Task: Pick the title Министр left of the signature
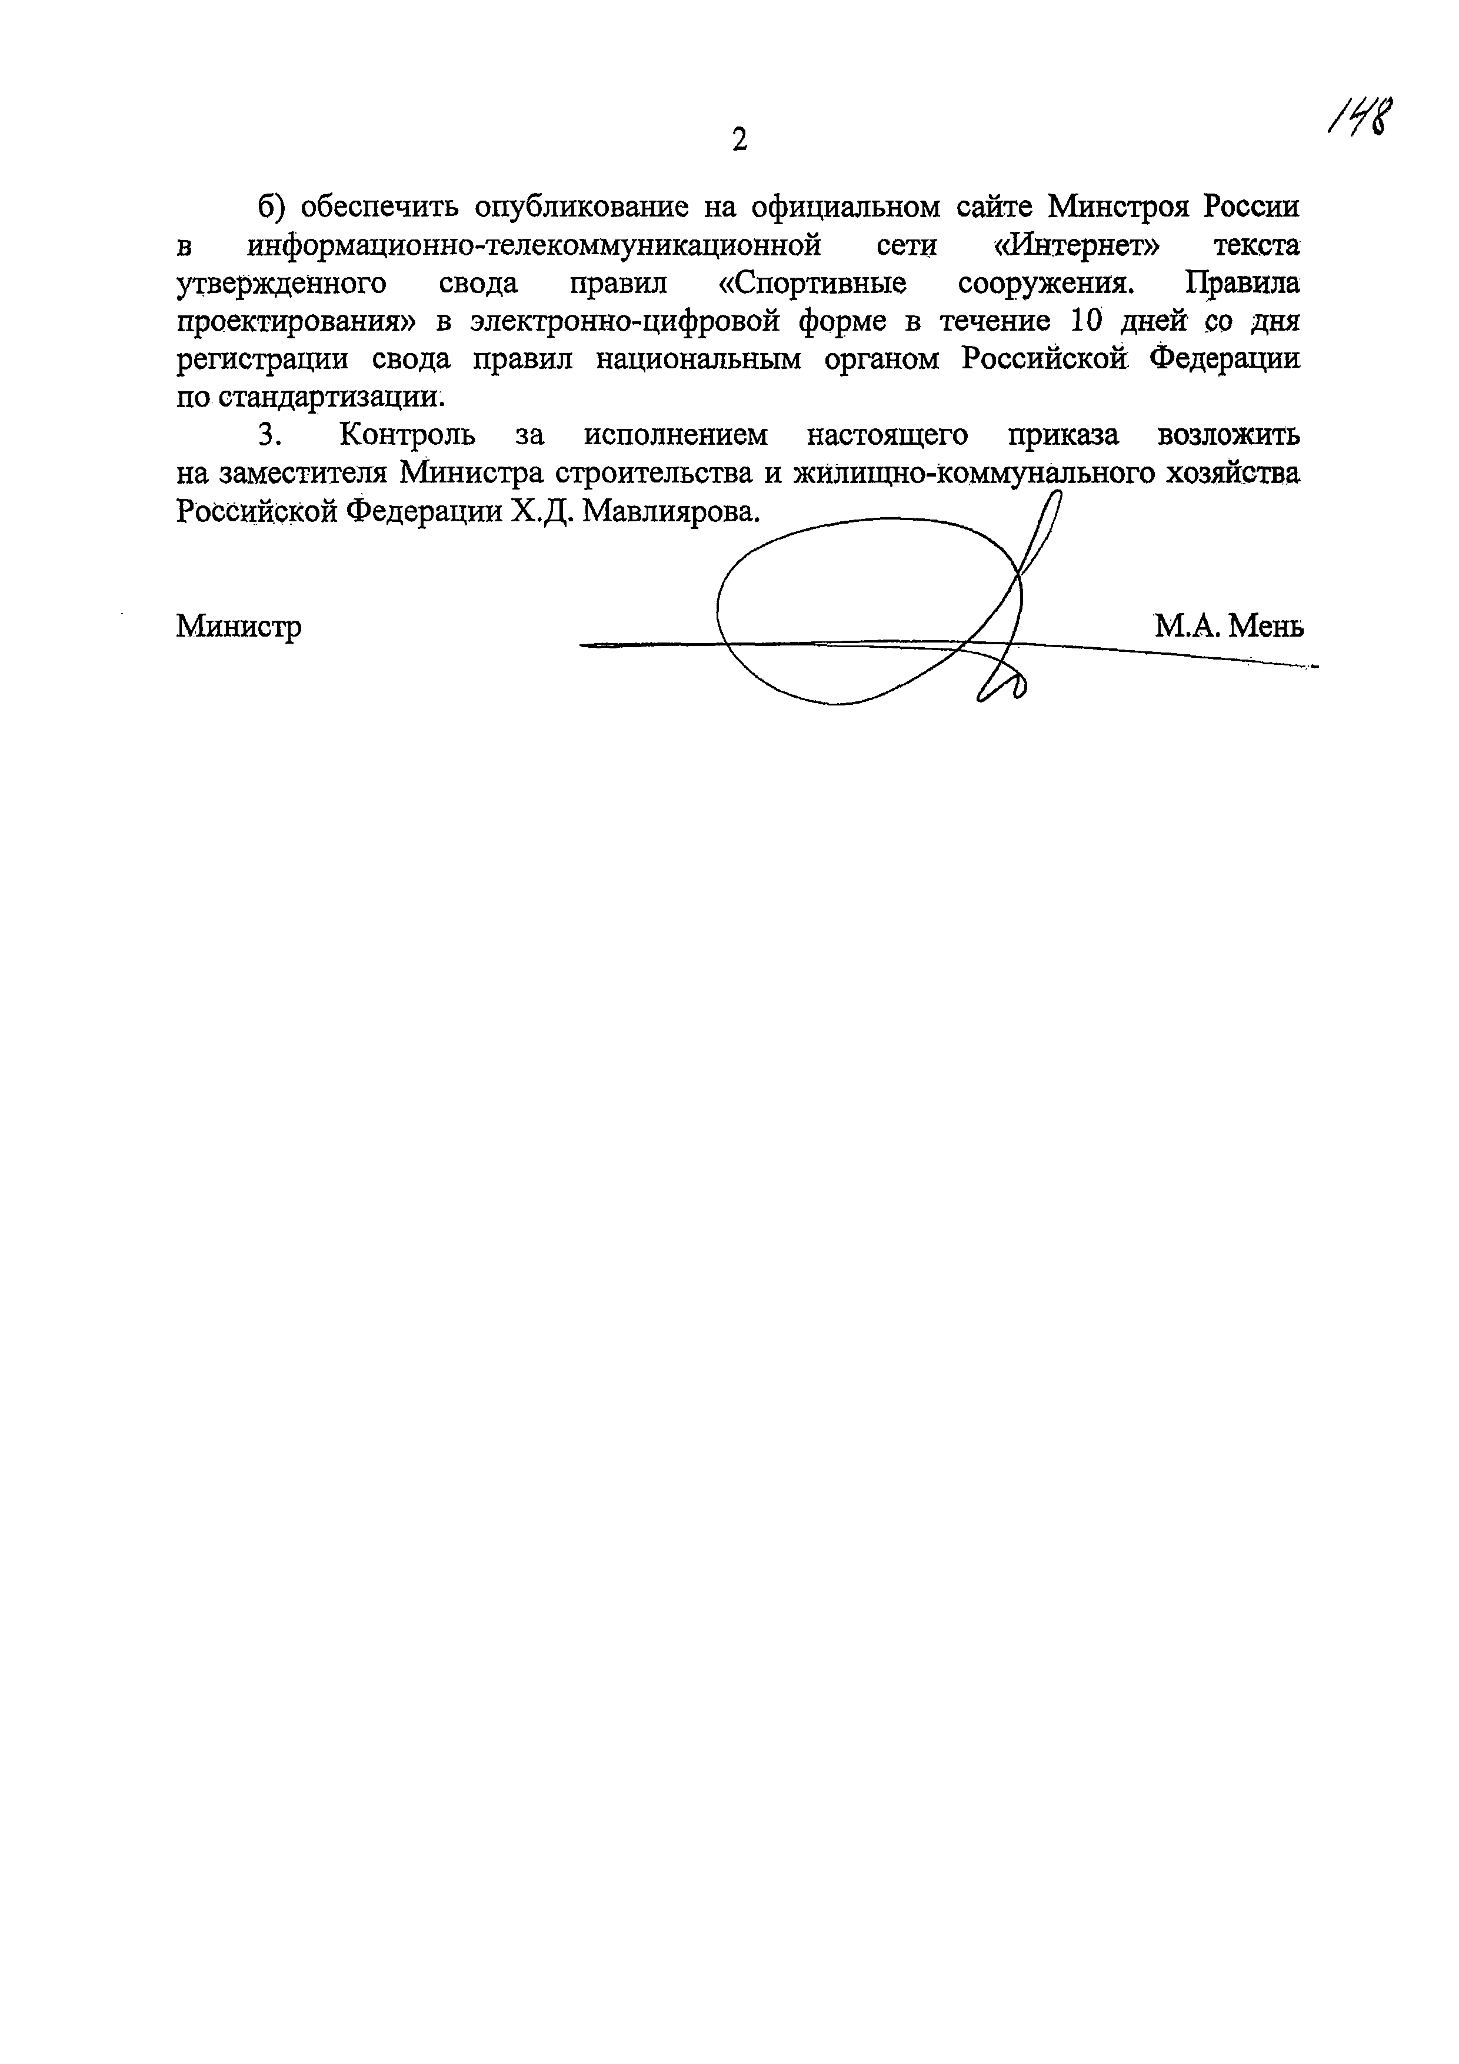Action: coord(239,625)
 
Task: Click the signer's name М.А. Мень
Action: coord(1229,625)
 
